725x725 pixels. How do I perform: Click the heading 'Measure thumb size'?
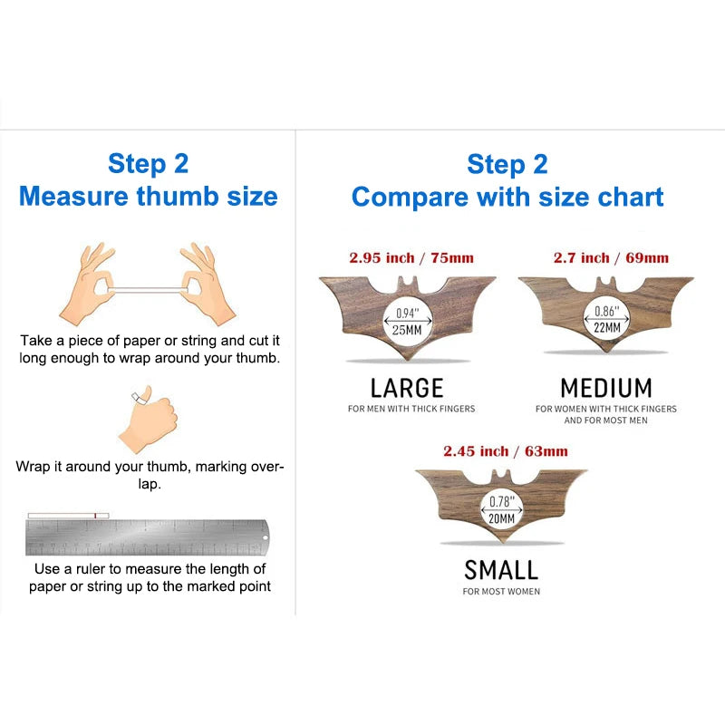[x=149, y=196]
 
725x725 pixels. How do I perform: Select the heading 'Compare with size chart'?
[x=507, y=196]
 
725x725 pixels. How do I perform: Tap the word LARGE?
[x=407, y=388]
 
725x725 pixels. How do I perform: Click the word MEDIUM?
[x=606, y=388]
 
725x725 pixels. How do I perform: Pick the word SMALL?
[x=501, y=569]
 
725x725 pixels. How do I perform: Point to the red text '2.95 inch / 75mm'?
[x=411, y=258]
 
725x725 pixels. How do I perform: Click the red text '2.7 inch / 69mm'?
[x=611, y=258]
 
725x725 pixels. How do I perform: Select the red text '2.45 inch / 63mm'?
[x=506, y=450]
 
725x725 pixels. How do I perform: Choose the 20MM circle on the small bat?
[x=501, y=511]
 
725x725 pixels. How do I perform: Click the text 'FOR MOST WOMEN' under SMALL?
[x=501, y=592]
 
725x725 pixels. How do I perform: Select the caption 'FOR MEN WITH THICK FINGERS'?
[x=411, y=409]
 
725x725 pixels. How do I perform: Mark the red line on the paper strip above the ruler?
[x=93, y=516]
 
